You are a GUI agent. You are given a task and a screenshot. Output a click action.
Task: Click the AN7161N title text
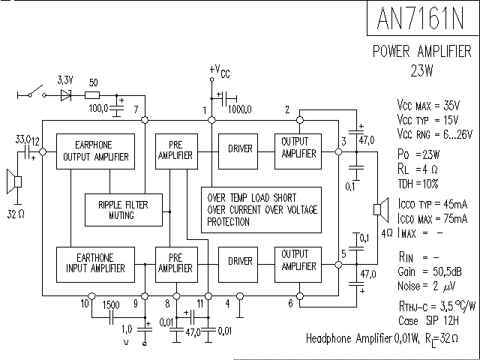pyautogui.click(x=422, y=18)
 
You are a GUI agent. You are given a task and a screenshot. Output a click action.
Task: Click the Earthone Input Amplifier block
pyautogui.click(x=95, y=262)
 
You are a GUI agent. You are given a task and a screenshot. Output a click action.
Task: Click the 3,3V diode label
pyautogui.click(x=65, y=79)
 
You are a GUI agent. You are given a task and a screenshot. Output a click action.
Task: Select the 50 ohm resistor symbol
pyautogui.click(x=92, y=95)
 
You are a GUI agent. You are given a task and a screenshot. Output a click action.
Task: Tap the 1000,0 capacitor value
pyautogui.click(x=241, y=109)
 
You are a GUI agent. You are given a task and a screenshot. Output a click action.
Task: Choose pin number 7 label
pyautogui.click(x=136, y=110)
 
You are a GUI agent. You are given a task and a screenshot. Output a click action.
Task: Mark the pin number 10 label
pyautogui.click(x=84, y=304)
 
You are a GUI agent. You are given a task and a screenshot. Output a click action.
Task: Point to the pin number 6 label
pyautogui.click(x=289, y=304)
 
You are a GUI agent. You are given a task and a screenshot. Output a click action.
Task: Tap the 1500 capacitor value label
pyautogui.click(x=111, y=304)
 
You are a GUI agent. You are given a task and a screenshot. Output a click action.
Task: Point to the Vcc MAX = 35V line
pyautogui.click(x=431, y=104)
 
